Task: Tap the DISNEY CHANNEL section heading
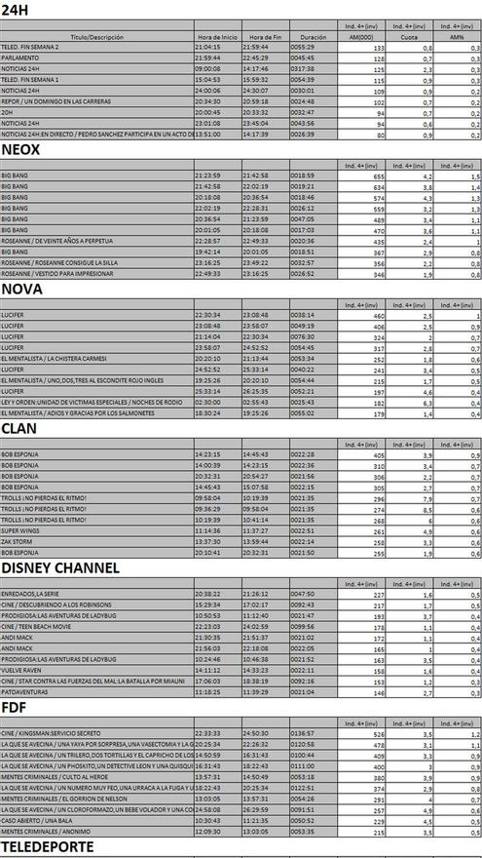60,567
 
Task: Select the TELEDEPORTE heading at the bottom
48,847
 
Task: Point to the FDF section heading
17,708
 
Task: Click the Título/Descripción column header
96,36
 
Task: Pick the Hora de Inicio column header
215,36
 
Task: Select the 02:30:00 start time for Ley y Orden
207,401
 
